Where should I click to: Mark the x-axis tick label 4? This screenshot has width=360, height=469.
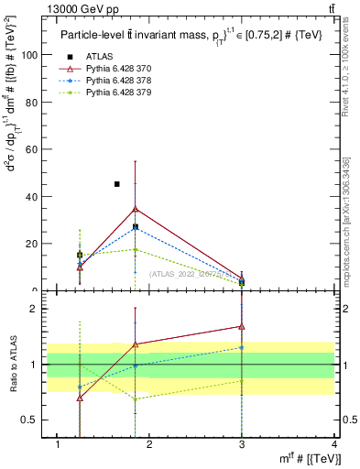click(x=335, y=446)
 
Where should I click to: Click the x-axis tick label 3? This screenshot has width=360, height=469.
click(x=242, y=446)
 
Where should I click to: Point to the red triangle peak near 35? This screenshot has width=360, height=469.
click(x=135, y=209)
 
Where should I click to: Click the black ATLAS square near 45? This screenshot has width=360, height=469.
click(x=116, y=184)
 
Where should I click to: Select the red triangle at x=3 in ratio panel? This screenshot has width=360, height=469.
click(x=242, y=326)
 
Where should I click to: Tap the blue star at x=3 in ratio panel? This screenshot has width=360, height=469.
click(x=242, y=347)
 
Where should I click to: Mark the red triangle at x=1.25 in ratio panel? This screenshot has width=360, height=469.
click(x=80, y=398)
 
